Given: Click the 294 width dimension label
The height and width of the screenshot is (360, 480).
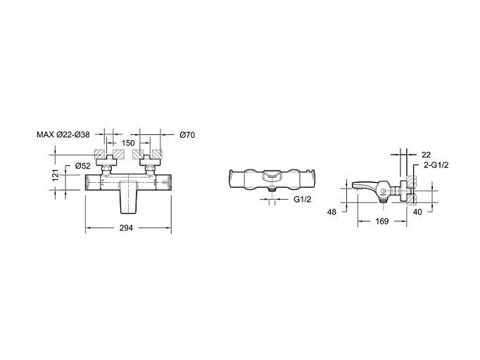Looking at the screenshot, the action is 127,228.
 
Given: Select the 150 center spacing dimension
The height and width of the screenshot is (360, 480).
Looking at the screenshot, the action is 128,143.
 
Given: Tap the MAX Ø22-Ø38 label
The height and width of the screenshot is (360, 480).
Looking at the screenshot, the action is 63,134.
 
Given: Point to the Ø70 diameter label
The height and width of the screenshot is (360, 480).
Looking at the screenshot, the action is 187,134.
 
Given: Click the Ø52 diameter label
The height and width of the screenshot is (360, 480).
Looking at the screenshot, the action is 83,166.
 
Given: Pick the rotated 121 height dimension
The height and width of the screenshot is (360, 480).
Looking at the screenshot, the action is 56,175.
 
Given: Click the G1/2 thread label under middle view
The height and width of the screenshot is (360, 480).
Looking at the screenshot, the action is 303,200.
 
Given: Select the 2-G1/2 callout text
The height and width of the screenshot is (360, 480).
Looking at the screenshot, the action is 436,165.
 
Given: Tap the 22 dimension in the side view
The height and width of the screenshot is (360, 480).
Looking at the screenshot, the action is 426,155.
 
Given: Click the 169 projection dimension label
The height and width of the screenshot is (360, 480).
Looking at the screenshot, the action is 381,221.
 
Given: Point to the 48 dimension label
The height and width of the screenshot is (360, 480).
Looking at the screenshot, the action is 331,212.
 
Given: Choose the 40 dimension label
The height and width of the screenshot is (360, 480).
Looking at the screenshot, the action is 417,212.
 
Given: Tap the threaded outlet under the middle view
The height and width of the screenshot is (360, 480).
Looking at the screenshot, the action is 272,189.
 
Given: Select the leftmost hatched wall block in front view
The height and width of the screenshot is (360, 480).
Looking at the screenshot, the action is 99,154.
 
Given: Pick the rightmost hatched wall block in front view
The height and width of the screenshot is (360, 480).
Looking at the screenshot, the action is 158,154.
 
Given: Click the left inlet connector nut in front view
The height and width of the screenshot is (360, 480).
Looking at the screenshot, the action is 106,169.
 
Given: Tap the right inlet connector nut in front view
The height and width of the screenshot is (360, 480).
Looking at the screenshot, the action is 151,169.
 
